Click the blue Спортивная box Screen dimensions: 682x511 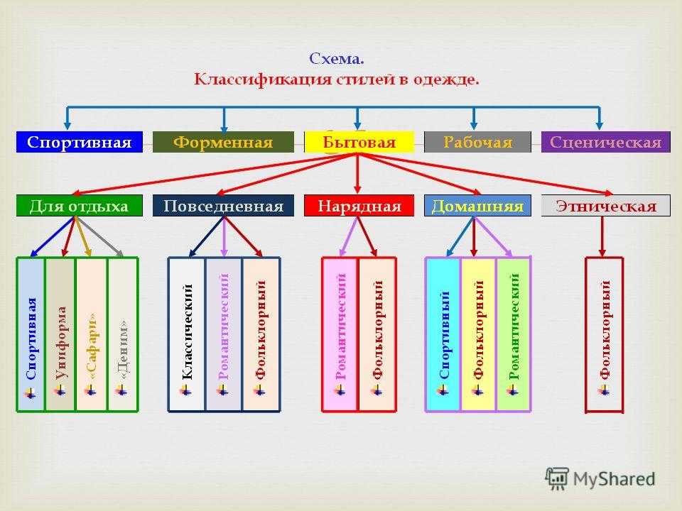click(79, 142)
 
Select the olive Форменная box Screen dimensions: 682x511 click(223, 142)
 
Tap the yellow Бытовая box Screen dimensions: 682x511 click(359, 142)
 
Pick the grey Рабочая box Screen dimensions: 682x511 click(477, 142)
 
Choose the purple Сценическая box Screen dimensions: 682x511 click(605, 142)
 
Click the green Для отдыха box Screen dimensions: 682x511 click(79, 206)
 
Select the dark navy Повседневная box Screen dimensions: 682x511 click(223, 206)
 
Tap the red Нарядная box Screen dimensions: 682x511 click(359, 206)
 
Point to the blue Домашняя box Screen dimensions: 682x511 click(477, 206)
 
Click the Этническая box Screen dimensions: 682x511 click(605, 206)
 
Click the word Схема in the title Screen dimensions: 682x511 click(336, 59)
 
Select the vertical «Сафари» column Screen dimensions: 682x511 click(92, 334)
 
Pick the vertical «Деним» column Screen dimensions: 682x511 click(123, 334)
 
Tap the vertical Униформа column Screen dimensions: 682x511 click(60, 334)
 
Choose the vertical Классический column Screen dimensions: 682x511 click(187, 334)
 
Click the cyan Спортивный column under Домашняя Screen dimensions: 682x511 click(443, 334)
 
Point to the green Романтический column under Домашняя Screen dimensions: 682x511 click(513, 334)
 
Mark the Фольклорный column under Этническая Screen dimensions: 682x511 click(604, 334)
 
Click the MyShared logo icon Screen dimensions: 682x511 click(557, 479)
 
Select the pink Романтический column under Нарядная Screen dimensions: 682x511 click(340, 334)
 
